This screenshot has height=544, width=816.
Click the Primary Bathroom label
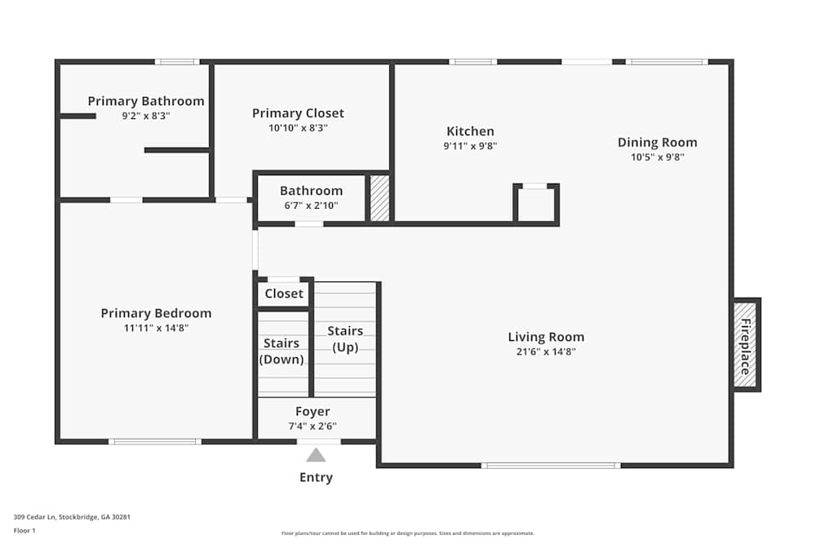tap(146, 101)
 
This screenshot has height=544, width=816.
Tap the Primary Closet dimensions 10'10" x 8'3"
tap(298, 127)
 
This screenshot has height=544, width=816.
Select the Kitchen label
tap(471, 131)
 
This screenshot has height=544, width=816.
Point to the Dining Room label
tap(657, 143)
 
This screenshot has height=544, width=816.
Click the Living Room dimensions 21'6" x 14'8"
tap(546, 352)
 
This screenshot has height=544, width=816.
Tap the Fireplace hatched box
tap(745, 345)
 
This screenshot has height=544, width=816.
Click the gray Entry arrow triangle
tap(316, 455)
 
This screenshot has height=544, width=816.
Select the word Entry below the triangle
tap(316, 477)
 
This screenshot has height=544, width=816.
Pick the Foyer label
tap(313, 411)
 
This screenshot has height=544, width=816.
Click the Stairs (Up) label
tap(345, 338)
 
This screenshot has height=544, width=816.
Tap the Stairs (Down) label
tap(282, 351)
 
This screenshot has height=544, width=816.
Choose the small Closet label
tap(284, 294)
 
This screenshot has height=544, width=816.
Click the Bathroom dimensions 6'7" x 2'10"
tap(311, 206)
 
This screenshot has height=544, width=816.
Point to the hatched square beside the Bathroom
tap(379, 198)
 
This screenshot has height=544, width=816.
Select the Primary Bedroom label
tap(156, 313)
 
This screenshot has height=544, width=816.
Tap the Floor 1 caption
tap(24, 530)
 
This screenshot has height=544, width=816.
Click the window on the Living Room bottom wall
tap(551, 466)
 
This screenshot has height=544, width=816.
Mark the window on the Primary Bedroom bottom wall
tap(155, 441)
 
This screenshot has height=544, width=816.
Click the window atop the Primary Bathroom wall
tap(177, 62)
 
